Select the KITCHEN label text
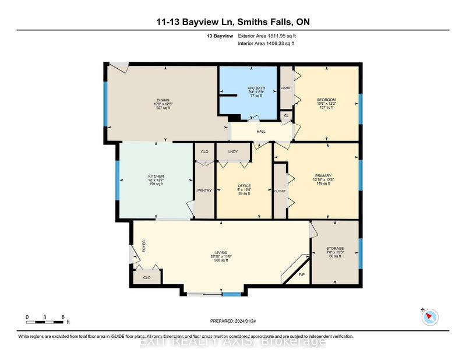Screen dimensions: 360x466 (x=156, y=176)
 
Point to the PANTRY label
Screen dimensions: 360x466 (x=204, y=190)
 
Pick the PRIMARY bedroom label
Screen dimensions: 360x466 (x=323, y=174)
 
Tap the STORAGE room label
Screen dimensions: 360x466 (x=335, y=249)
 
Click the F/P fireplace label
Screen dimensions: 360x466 (x=302, y=274)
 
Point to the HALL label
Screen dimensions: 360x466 (x=262, y=131)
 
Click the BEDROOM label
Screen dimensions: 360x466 (x=326, y=100)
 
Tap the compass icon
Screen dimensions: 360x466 (x=429, y=316)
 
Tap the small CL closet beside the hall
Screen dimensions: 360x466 (x=286, y=116)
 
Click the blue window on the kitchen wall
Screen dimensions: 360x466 (x=117, y=181)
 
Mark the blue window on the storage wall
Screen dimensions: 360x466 (x=359, y=249)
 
